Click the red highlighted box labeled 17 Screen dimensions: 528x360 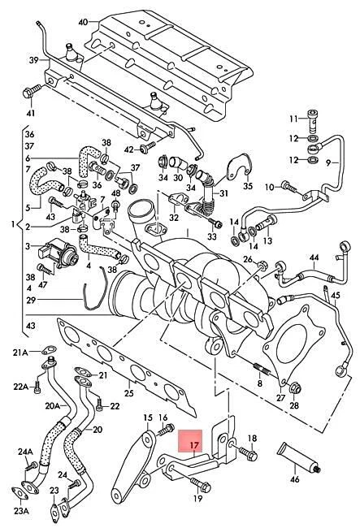pyautogui.click(x=193, y=445)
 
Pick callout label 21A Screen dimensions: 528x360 pyautogui.click(x=19, y=352)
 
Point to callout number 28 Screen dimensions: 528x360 pyautogui.click(x=293, y=405)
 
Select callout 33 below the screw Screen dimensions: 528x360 pyautogui.click(x=212, y=237)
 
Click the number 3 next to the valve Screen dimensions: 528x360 pyautogui.click(x=28, y=245)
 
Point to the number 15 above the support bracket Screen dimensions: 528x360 pyautogui.click(x=147, y=418)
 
